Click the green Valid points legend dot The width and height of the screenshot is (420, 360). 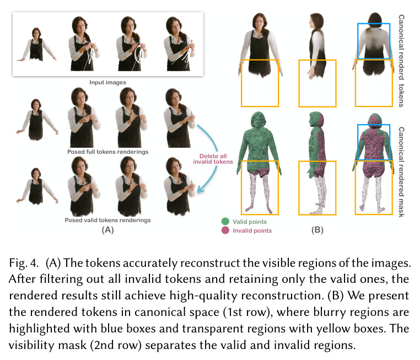[225, 221]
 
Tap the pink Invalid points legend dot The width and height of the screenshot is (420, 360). [225, 230]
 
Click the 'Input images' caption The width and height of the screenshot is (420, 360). [107, 83]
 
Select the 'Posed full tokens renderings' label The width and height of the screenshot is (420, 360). [107, 152]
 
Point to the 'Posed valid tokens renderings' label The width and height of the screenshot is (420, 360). [107, 220]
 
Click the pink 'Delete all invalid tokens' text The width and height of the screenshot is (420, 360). [213, 159]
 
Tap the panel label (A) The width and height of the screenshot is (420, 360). [107, 230]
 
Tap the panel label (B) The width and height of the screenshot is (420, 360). [317, 230]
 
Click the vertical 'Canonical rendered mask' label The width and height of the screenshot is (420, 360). [401, 172]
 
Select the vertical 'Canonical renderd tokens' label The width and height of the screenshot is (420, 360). [401, 61]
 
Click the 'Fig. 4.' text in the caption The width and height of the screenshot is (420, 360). [24, 263]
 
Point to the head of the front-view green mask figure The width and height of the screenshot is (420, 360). [258, 121]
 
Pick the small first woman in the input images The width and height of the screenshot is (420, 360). [37, 45]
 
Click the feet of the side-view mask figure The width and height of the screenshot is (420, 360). [316, 211]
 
